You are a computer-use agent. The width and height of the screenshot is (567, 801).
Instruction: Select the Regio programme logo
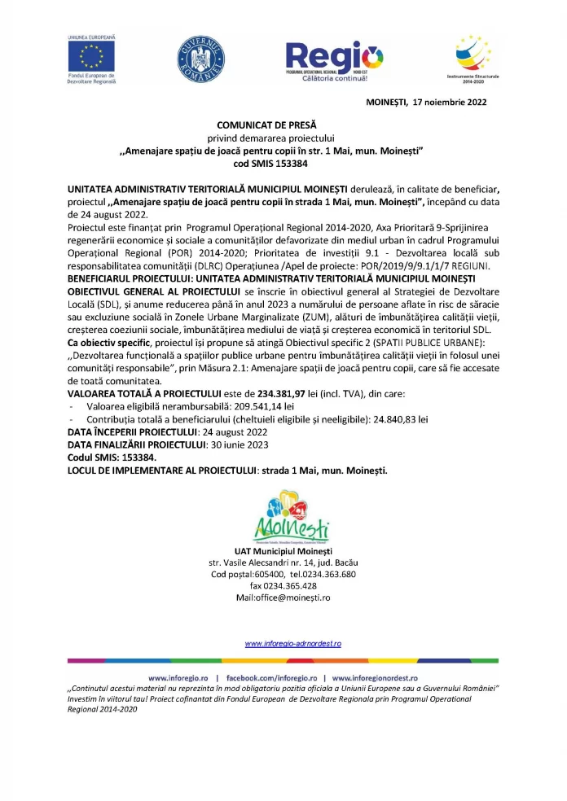334,61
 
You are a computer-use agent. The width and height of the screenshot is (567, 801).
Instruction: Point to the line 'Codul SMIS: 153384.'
112,457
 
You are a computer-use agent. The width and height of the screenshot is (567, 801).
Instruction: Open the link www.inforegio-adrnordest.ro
293,643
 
